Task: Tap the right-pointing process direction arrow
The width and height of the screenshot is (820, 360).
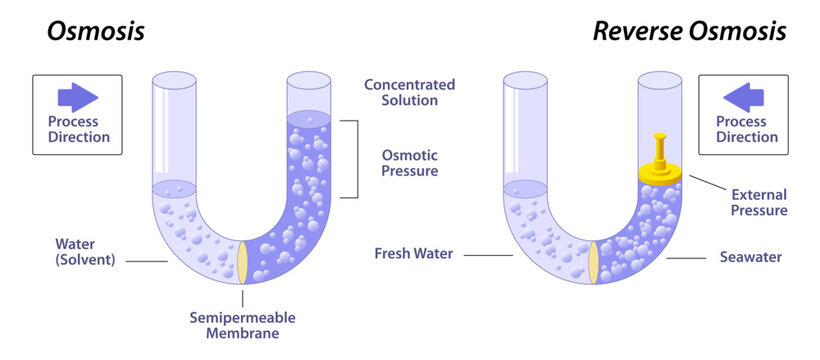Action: coord(79,97)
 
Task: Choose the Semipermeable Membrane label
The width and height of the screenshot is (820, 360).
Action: coord(242,325)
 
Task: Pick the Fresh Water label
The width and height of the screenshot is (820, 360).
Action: coord(414,254)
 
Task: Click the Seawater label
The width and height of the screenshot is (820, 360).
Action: coord(751,257)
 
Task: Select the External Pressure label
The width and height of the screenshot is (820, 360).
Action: coord(759,202)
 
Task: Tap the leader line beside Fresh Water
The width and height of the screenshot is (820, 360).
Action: coord(488,255)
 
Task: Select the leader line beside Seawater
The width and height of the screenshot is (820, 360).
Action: coord(689,257)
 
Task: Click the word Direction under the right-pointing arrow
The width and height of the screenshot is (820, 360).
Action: coord(79,137)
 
